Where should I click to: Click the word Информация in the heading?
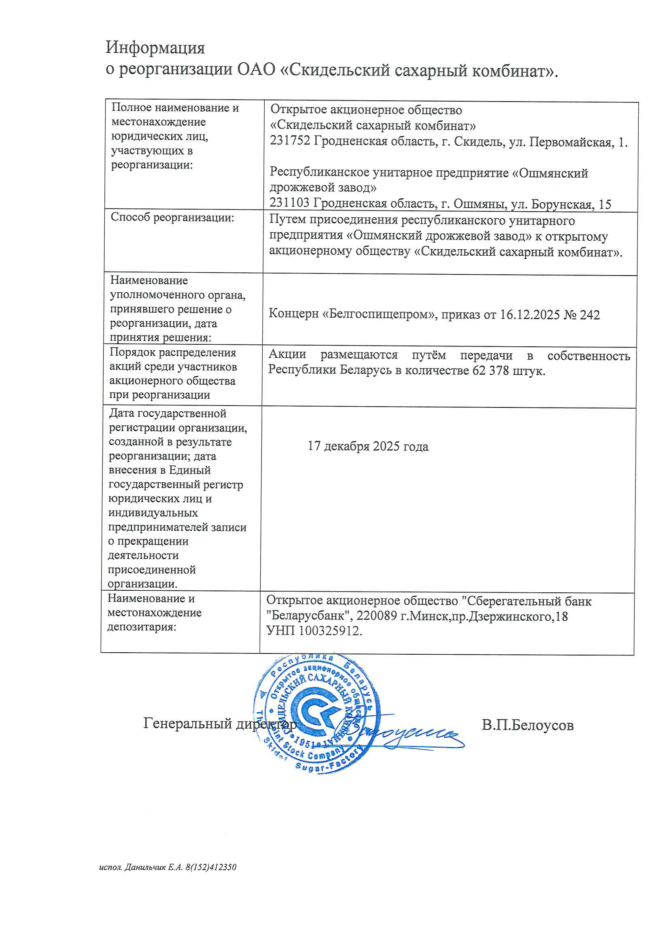click(155, 48)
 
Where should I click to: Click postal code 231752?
click(290, 141)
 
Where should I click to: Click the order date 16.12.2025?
click(530, 314)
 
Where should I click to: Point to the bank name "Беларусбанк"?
click(309, 616)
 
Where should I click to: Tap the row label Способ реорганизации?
click(172, 218)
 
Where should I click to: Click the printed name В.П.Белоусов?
click(528, 725)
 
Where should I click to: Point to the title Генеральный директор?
click(220, 723)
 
